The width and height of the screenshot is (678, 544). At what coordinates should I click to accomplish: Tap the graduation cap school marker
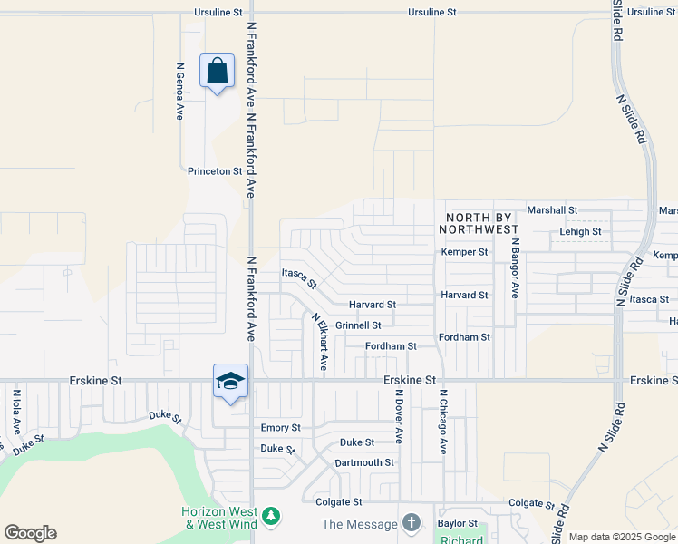[230, 380]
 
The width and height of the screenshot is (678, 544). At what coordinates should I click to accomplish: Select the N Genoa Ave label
[180, 92]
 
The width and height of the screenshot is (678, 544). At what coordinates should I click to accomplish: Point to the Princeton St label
[215, 170]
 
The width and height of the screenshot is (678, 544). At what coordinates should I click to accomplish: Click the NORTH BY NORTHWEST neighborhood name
[479, 224]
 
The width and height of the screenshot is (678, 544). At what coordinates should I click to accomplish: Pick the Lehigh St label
[580, 232]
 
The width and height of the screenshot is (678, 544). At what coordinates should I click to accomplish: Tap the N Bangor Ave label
[514, 268]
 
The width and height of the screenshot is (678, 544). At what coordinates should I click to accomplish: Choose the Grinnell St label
[358, 325]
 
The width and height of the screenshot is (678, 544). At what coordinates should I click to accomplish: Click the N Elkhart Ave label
[319, 342]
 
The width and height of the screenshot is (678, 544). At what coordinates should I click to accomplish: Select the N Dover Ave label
[399, 417]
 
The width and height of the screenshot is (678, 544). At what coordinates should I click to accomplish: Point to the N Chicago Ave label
[443, 423]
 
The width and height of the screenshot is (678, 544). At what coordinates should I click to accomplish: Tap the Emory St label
[280, 427]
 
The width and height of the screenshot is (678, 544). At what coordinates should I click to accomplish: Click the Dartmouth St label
[364, 462]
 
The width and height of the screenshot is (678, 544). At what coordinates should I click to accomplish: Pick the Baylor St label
[457, 523]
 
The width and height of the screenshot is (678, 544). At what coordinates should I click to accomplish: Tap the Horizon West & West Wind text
[219, 518]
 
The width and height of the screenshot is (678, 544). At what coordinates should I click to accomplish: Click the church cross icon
[412, 523]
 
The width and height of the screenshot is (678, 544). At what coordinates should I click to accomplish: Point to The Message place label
[360, 524]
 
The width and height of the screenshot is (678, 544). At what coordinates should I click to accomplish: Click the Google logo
[30, 533]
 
